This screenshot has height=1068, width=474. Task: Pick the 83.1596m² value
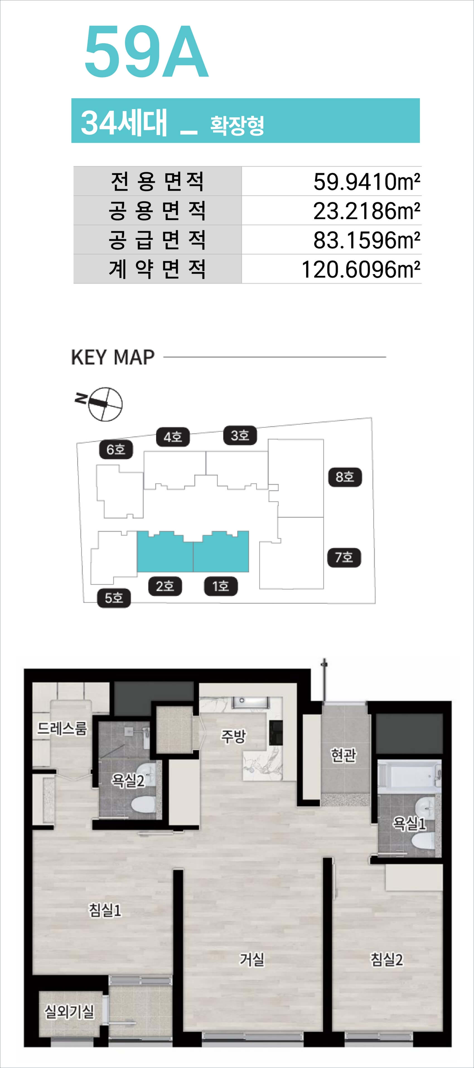pos(367,240)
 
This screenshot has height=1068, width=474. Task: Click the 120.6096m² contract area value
pos(361,270)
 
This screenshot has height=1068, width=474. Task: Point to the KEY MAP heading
pos(113,357)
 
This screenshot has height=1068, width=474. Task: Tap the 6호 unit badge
pos(116,449)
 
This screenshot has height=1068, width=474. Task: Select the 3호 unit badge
pos(240,436)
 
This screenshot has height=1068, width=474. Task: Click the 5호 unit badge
pos(114,598)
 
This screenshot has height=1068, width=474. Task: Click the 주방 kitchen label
pos(233,736)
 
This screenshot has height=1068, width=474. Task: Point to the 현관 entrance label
pos(343,755)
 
